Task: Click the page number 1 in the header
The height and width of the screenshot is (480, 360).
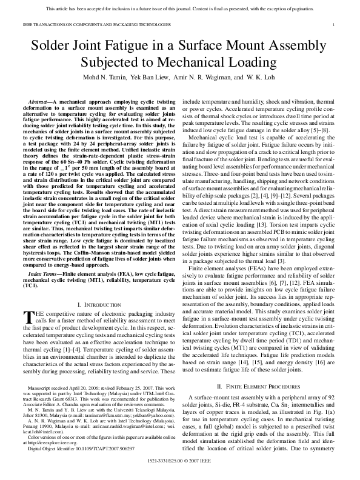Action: [335, 24]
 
